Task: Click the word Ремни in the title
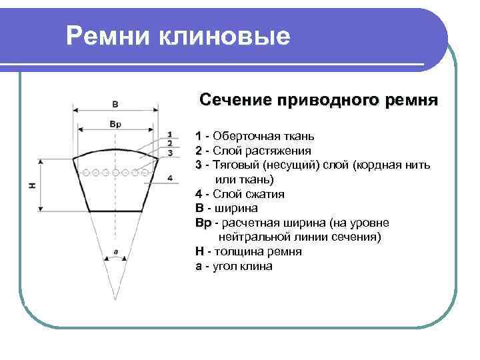point(108,36)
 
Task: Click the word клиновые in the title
point(224,36)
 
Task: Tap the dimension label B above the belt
point(115,104)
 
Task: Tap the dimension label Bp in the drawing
point(115,123)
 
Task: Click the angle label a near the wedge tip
point(116,252)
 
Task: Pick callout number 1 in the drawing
point(170,133)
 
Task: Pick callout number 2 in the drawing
point(170,143)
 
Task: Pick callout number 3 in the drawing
point(170,153)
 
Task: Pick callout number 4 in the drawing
point(170,178)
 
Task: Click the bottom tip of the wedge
point(116,299)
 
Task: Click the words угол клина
point(244,266)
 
